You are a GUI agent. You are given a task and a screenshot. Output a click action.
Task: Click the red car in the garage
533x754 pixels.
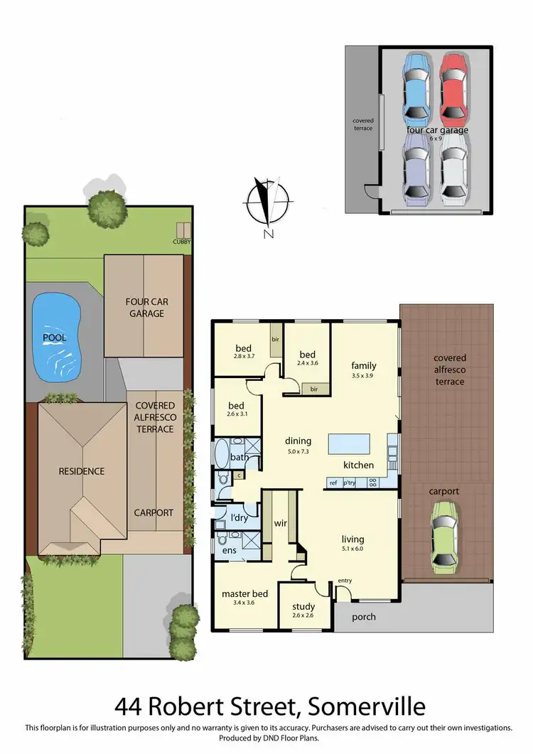[453, 87]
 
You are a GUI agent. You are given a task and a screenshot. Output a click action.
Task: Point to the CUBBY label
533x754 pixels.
[182, 242]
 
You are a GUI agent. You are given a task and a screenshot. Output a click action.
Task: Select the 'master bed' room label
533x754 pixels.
[244, 593]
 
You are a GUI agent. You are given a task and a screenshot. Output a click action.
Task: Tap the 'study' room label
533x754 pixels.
[303, 607]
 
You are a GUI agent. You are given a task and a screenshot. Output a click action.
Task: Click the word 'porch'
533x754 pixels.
[364, 617]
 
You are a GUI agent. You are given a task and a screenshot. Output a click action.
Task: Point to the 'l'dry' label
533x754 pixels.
[239, 518]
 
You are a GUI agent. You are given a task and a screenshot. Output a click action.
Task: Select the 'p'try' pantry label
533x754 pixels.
[350, 483]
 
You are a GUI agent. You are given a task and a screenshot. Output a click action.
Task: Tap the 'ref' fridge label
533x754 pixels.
[333, 483]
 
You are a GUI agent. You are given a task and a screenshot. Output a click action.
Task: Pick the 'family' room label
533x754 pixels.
[363, 366]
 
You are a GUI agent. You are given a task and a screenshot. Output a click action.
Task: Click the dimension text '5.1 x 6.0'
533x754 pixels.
[353, 548]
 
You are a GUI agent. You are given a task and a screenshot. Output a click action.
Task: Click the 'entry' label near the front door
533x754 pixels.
[345, 581]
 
